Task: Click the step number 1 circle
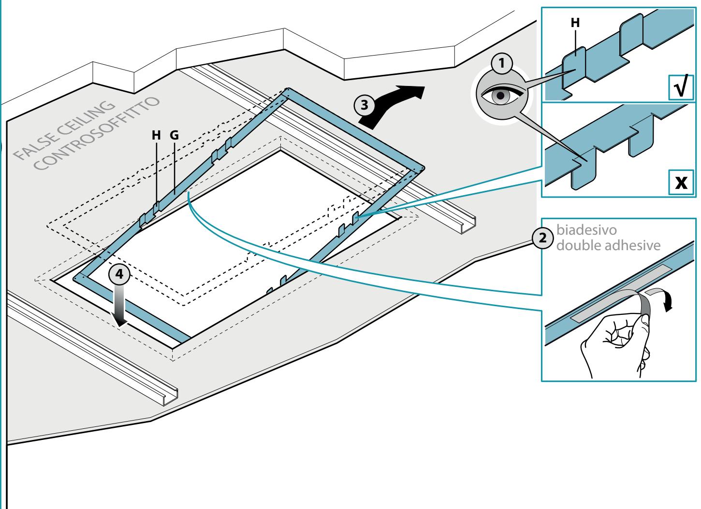[502, 63]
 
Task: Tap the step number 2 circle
[542, 238]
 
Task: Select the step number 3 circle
[364, 105]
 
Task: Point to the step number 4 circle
[119, 274]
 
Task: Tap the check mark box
[681, 87]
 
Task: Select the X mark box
[681, 182]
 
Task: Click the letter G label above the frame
[175, 135]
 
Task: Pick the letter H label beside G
[156, 135]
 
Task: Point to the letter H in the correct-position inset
[575, 23]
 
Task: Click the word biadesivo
[586, 230]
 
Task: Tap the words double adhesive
[608, 245]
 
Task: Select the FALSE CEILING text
[64, 130]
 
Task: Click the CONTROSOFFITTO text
[96, 133]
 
